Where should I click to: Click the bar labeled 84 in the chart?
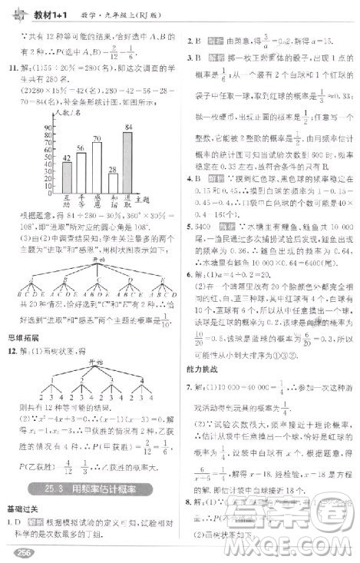(x=127, y=160)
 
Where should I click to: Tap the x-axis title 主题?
(x=140, y=199)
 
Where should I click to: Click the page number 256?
(x=18, y=549)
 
